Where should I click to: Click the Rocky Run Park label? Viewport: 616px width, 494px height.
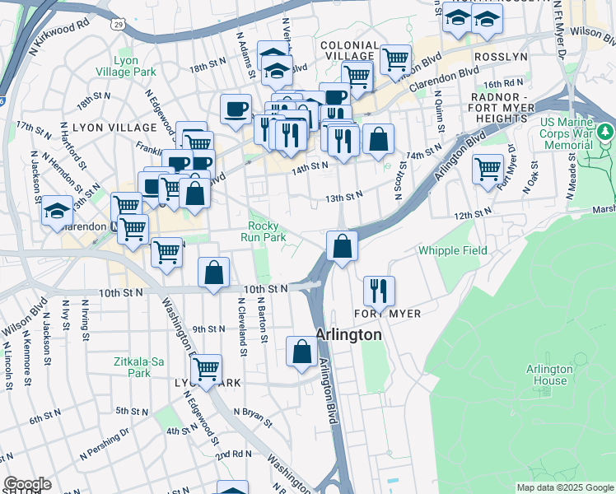click(263, 231)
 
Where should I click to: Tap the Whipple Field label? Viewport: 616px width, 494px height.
click(451, 250)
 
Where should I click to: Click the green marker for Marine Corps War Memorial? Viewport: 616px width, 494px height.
click(606, 131)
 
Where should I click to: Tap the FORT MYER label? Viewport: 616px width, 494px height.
click(388, 314)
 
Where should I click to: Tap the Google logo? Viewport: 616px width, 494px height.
click(27, 484)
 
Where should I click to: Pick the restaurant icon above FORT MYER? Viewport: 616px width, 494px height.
click(379, 289)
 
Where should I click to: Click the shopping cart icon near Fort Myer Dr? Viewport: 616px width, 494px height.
click(488, 169)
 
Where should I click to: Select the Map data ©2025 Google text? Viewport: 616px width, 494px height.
click(565, 487)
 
